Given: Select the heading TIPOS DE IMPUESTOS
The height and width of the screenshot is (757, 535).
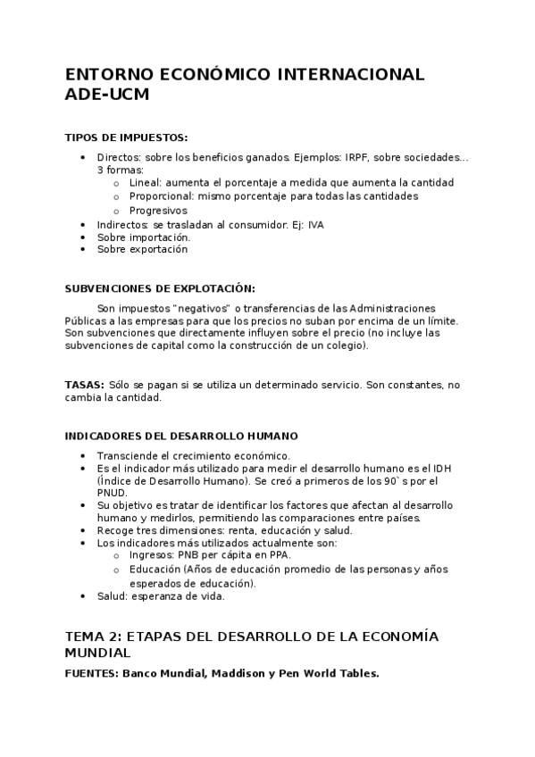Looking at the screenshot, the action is coord(127,137).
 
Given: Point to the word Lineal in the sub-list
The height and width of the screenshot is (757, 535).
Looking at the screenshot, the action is coord(145,182).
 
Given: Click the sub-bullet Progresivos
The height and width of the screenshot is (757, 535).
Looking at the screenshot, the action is coord(158,211).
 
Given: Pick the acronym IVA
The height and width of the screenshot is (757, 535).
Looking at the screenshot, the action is coord(315,225).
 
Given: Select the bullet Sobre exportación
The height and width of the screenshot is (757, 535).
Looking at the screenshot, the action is coord(142,250).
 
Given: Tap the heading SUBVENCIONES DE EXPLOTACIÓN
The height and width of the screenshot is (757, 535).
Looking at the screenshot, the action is coord(160,288).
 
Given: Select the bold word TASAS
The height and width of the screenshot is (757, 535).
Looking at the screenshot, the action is coord(84,385).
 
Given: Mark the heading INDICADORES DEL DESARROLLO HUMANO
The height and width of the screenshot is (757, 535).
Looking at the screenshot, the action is coord(181,436).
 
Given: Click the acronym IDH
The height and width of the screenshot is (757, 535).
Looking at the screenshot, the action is coord(442,468).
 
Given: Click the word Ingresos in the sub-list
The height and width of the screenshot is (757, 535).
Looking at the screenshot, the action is coord(153,554).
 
